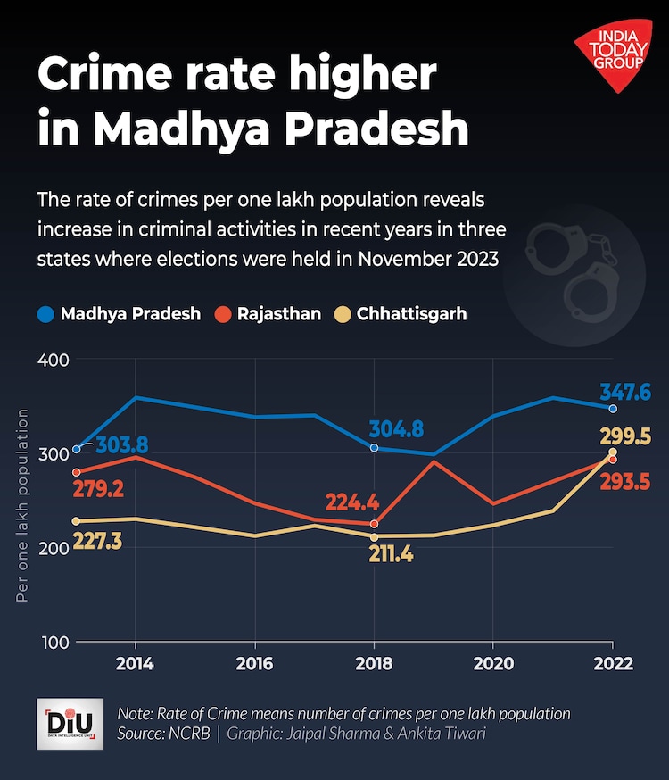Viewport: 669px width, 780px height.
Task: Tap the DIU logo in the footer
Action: pos(70,724)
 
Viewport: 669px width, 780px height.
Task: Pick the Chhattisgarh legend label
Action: pos(411,314)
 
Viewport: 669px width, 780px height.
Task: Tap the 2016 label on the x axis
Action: pos(254,664)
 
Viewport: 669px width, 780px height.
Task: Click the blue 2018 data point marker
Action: pos(374,448)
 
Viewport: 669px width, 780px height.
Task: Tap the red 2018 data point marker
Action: pos(374,524)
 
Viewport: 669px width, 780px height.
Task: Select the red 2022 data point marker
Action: pos(612,460)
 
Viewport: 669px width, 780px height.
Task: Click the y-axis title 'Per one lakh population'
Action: pos(22,505)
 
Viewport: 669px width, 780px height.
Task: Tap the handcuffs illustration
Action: pos(571,268)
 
